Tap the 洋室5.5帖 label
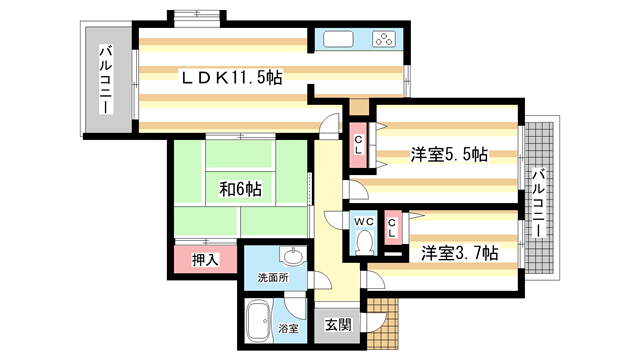tap(448, 155)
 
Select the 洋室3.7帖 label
tap(458, 254)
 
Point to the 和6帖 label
tap(240, 188)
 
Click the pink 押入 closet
tap(206, 261)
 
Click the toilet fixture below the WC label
tap(364, 243)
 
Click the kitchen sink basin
tap(337, 41)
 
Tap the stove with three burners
tap(384, 41)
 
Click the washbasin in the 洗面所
tap(290, 255)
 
